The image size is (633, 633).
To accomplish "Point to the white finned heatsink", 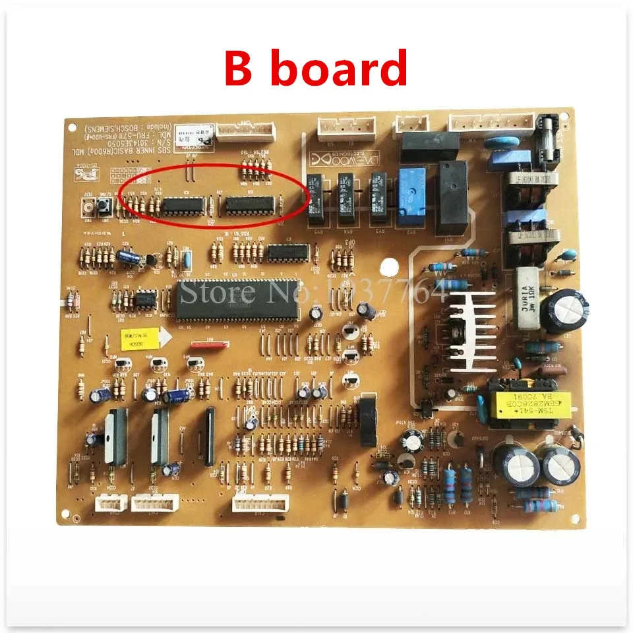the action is tap(470, 328).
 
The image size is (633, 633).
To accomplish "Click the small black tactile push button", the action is tap(104, 208).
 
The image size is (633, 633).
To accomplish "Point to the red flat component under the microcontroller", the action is tap(208, 344).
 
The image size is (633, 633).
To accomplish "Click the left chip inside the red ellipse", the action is tap(184, 205).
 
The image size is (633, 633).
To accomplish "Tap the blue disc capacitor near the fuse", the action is tap(499, 142).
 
